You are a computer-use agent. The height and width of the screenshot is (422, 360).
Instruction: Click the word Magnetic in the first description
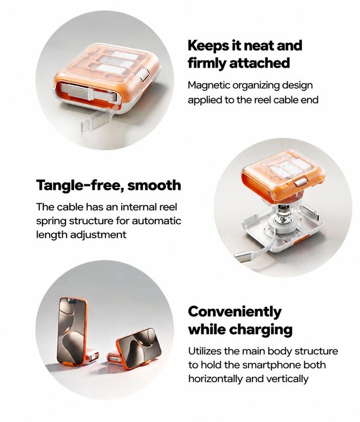[209, 86]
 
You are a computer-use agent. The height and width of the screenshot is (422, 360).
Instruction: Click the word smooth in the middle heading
[154, 186]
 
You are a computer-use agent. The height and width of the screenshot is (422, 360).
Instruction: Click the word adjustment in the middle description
[98, 235]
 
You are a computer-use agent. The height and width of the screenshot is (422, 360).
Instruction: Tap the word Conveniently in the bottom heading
[235, 312]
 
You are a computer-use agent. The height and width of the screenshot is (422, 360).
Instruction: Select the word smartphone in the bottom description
[271, 365]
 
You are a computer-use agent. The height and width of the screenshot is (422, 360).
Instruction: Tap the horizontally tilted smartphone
[138, 346]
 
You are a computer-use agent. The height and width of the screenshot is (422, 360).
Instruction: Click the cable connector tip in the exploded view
[241, 256]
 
